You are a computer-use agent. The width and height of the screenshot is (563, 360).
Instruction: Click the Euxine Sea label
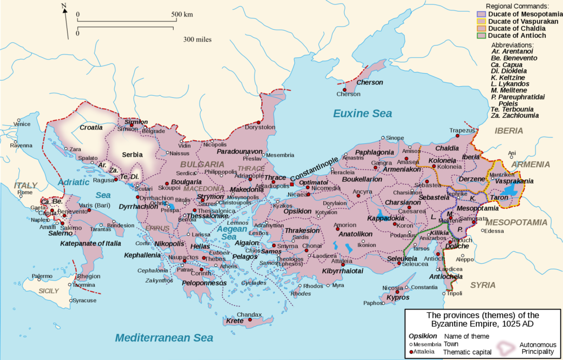click(362, 114)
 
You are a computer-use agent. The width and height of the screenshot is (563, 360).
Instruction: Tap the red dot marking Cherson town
click(344, 90)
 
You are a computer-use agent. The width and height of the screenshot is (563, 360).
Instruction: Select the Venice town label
click(22, 124)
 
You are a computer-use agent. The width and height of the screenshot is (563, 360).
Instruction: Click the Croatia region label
click(91, 128)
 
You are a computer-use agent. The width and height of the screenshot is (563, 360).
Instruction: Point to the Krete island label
click(234, 321)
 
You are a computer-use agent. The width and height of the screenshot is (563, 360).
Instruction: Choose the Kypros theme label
click(398, 297)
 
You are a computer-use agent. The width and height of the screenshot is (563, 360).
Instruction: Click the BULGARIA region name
click(202, 164)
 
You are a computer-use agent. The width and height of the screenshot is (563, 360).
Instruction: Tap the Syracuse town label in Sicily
click(85, 301)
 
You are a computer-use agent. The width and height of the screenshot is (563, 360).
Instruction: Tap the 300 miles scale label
click(198, 40)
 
